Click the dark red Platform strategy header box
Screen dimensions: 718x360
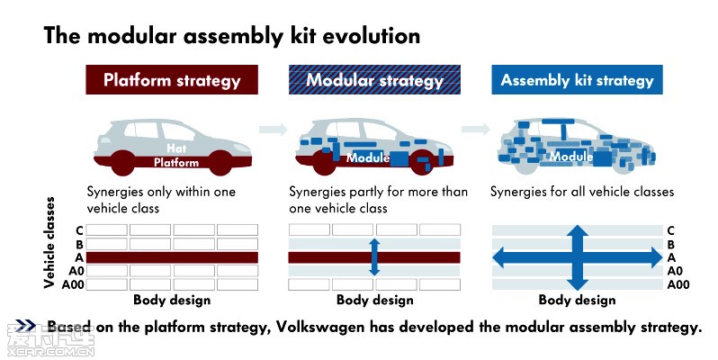click(172, 80)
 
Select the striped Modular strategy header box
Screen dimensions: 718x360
click(374, 80)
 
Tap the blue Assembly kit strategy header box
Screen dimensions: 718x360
click(577, 80)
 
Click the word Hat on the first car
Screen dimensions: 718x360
click(176, 148)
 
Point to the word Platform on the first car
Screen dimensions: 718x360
click(176, 163)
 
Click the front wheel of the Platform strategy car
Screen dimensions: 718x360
click(220, 163)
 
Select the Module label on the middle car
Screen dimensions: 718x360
click(368, 158)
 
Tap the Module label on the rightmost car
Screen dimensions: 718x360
click(571, 157)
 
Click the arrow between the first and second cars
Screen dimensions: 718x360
click(274, 130)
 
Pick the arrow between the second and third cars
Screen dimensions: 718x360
click(476, 130)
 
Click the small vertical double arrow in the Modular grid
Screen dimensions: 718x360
click(374, 256)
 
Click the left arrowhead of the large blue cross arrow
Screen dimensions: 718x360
click(500, 257)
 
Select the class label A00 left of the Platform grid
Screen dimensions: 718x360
click(73, 285)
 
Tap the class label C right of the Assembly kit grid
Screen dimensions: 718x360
click(671, 230)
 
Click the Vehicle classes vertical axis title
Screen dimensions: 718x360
click(49, 243)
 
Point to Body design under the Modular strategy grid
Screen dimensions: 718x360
click(374, 300)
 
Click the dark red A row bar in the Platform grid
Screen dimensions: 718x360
click(172, 257)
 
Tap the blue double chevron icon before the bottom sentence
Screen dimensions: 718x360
click(25, 326)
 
